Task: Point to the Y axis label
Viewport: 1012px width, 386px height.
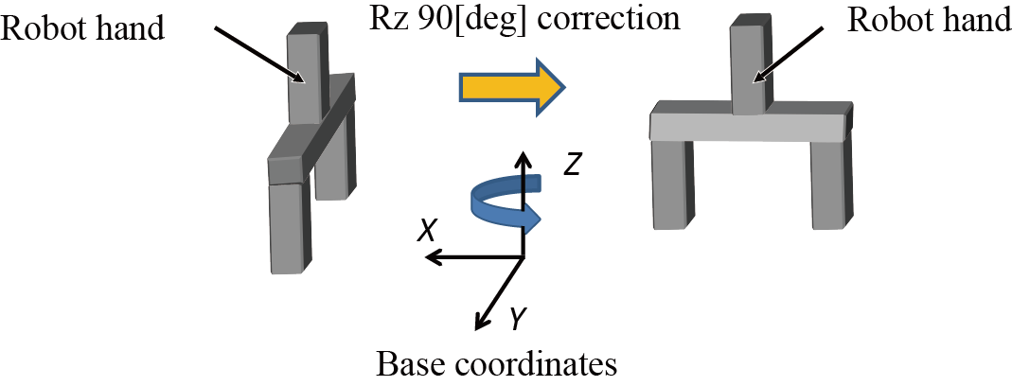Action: point(517,322)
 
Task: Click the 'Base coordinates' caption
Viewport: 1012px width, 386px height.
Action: point(497,364)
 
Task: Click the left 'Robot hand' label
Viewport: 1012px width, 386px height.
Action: point(84,27)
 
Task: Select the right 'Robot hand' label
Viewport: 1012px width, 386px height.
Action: point(929,22)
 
